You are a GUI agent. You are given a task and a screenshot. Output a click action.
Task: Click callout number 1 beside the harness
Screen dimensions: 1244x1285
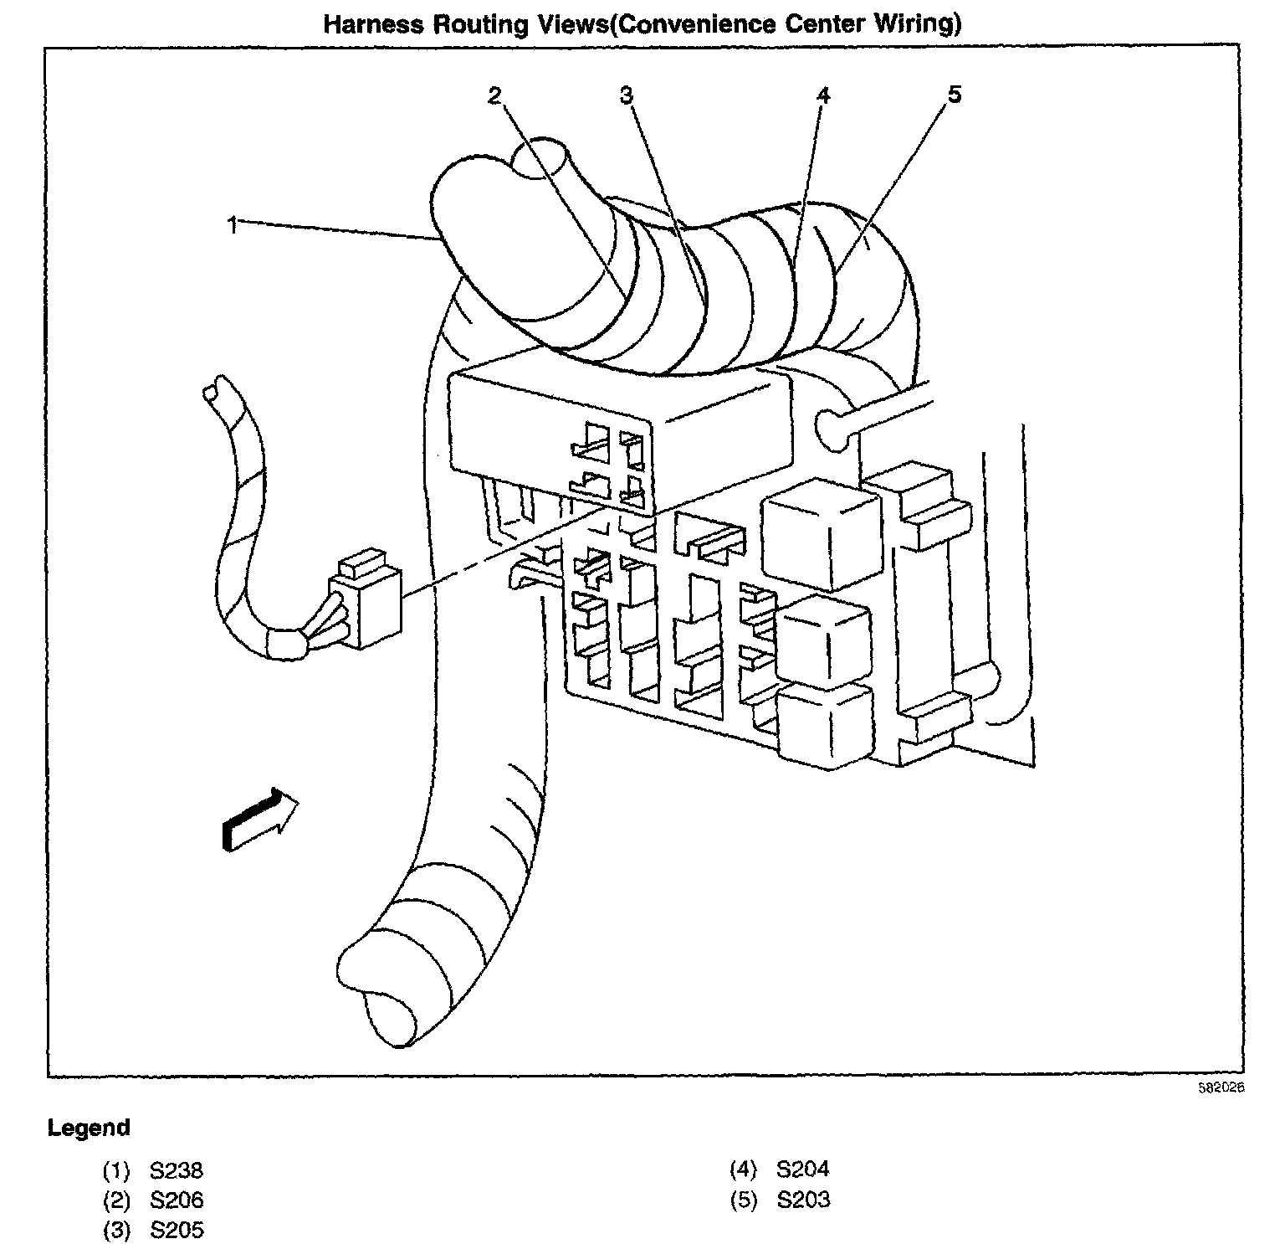(x=233, y=224)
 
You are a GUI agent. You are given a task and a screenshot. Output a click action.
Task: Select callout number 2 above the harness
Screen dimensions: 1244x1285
(x=494, y=95)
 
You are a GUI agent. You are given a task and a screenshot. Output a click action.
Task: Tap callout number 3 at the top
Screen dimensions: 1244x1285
(x=627, y=95)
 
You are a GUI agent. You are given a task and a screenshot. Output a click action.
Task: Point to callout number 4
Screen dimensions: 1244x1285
(x=823, y=95)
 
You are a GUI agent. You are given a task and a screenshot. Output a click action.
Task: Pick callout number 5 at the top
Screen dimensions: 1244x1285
(x=955, y=95)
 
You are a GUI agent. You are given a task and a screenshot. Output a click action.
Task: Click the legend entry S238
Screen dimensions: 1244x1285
(x=177, y=1169)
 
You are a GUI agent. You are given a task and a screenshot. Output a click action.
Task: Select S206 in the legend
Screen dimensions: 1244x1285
(x=177, y=1200)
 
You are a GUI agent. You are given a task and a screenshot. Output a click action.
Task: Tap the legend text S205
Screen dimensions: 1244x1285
(x=177, y=1230)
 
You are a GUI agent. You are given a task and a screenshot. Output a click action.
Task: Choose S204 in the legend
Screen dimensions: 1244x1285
(x=803, y=1169)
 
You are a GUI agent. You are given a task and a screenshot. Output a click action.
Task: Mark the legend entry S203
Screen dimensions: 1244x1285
(x=803, y=1200)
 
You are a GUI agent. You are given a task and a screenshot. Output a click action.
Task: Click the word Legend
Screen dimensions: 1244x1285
(x=89, y=1128)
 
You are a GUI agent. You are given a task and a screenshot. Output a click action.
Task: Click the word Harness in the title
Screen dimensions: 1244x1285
(x=375, y=24)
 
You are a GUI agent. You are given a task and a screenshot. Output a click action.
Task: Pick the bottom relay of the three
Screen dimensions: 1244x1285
(x=823, y=724)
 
